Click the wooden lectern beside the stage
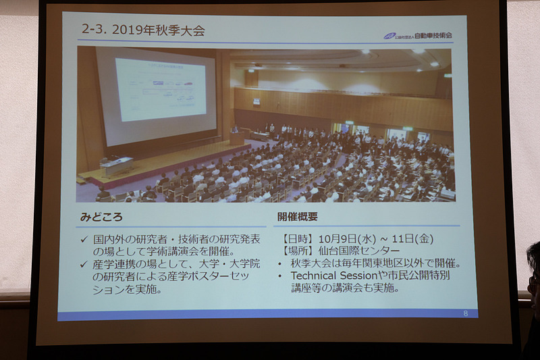[236, 136]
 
